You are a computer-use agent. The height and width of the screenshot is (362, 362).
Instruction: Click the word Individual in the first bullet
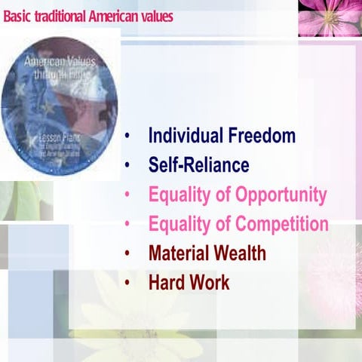point(184,137)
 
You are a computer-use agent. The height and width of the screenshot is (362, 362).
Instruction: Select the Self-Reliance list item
point(198,164)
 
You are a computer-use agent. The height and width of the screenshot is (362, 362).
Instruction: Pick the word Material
point(179,253)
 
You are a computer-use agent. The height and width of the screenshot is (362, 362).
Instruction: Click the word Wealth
point(241,253)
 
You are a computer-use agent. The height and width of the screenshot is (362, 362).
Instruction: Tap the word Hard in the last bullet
point(167,284)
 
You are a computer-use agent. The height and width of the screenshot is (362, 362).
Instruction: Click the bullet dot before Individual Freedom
point(129,137)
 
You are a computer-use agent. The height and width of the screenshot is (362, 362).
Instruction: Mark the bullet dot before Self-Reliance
point(129,165)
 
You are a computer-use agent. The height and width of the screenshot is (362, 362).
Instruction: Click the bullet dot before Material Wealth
point(129,254)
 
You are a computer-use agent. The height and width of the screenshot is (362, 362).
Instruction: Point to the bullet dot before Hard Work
point(129,284)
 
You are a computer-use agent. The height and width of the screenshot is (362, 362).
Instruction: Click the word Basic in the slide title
point(17,16)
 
